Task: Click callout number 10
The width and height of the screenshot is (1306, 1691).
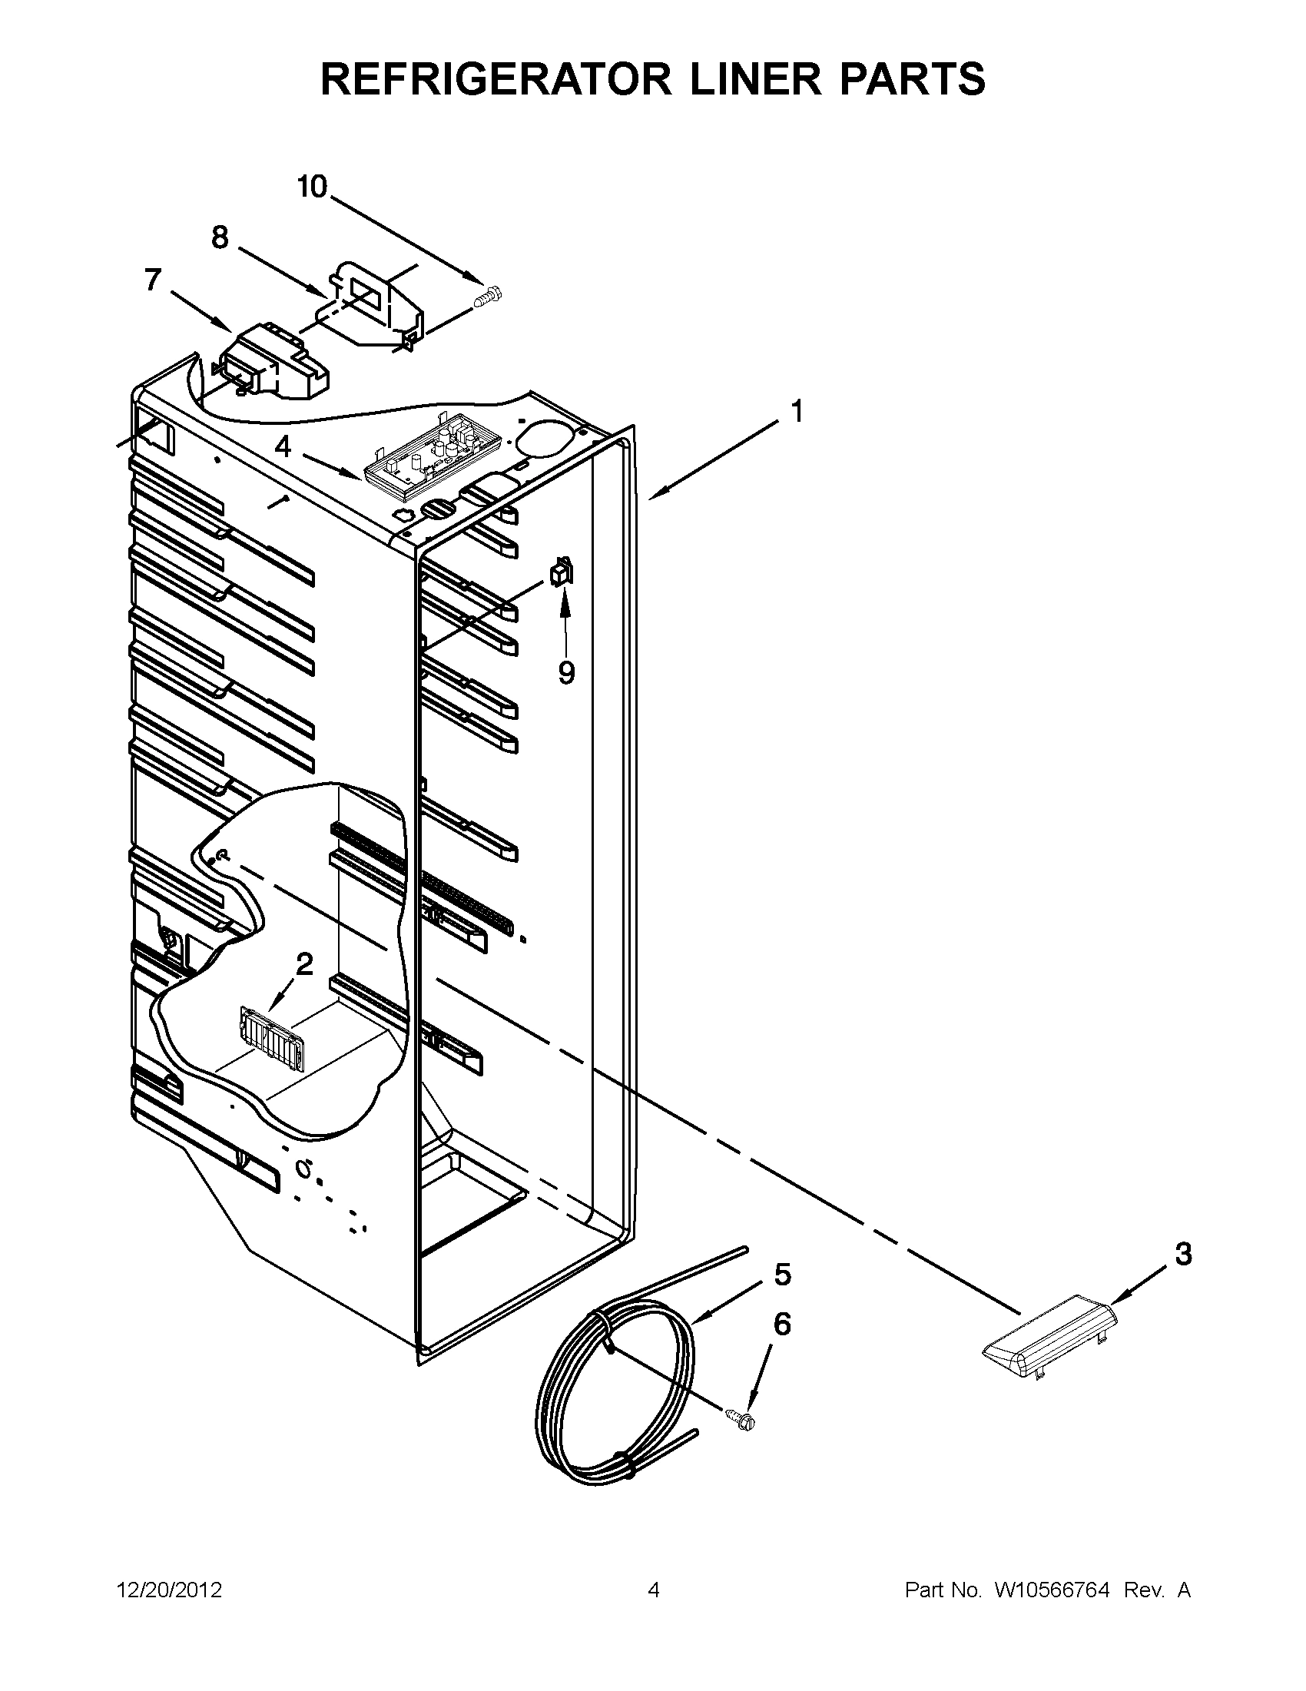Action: coord(313,187)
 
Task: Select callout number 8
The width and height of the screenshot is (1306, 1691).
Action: coord(220,237)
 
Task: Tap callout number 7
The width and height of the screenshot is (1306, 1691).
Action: coord(154,280)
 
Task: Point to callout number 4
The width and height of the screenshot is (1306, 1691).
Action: coord(283,446)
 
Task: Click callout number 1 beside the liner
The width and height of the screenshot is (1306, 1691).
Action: coord(796,411)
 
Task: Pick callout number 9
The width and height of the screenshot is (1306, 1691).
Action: coord(567,673)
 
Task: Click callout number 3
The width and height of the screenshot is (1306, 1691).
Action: coord(1183,1253)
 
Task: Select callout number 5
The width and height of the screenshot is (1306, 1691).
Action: coord(783,1274)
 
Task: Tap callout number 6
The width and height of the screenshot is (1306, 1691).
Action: coord(783,1325)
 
